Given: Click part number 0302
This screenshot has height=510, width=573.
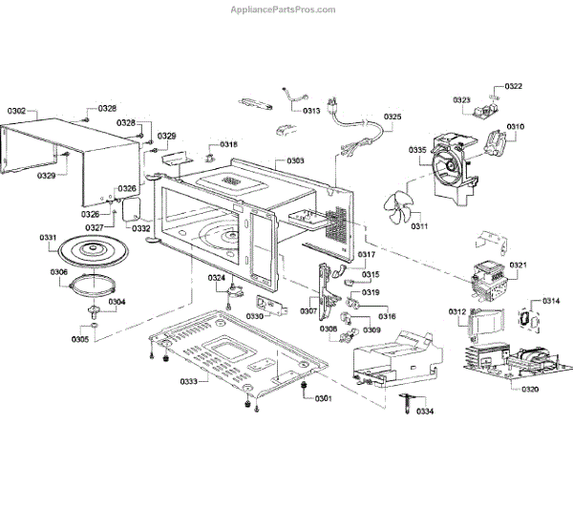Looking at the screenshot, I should [17, 112].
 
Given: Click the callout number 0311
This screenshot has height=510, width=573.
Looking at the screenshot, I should [417, 226].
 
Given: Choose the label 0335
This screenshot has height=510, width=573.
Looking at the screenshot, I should [417, 150].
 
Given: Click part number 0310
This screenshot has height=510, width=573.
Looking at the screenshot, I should [516, 127].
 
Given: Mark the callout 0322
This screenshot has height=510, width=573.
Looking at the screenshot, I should [513, 86].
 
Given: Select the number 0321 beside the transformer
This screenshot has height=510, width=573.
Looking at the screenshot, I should [518, 265].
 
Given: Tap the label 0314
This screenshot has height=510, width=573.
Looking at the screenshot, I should [551, 301].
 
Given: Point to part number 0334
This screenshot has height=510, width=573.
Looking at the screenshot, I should [425, 412].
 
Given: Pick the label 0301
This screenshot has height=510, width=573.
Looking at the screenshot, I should [324, 398].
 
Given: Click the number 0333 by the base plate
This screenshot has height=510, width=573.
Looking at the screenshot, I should [187, 381].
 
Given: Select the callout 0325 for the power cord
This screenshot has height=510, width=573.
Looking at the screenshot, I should [393, 117].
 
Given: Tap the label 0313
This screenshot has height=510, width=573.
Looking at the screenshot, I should [311, 111].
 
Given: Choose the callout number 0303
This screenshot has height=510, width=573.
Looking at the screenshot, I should [295, 160].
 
